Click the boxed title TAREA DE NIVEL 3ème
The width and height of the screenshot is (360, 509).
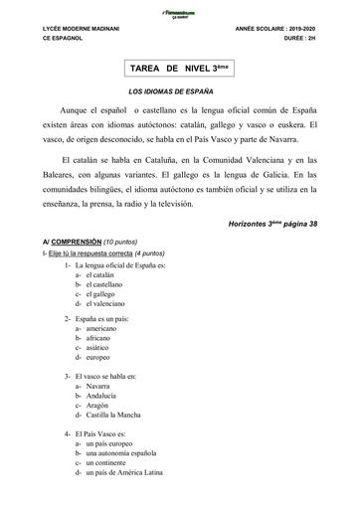click(179, 71)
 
